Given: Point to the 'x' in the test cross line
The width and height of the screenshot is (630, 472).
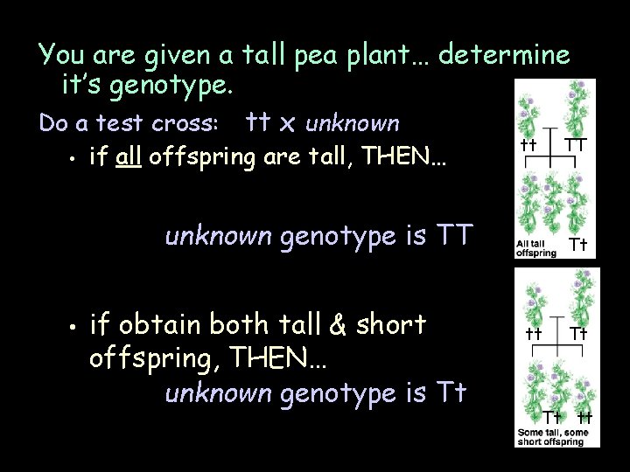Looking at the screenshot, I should click(286, 124).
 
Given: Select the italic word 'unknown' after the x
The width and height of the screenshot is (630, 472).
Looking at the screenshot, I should click(353, 124).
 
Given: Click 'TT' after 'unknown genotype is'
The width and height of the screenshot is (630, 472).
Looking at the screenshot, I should click(455, 236).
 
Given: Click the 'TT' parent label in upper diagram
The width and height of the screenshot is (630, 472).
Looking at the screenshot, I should click(575, 142).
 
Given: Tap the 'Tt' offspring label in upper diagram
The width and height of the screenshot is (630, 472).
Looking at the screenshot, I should click(577, 244).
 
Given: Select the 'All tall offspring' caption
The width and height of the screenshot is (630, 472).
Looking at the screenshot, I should click(535, 248).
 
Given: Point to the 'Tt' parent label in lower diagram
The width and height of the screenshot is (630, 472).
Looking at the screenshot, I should click(577, 333).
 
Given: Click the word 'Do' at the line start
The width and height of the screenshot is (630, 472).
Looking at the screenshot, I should click(53, 124).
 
